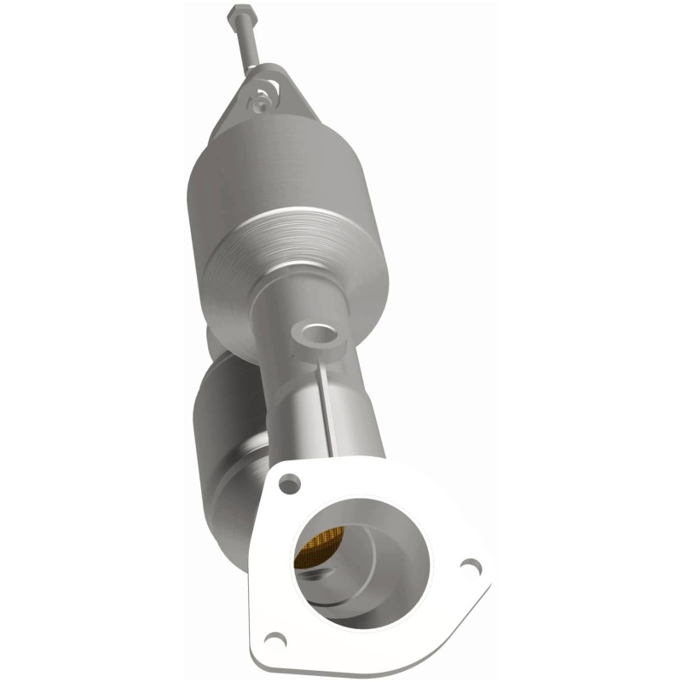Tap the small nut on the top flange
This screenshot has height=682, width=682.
click(x=257, y=102)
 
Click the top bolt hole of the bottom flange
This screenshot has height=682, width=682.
click(x=290, y=483)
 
